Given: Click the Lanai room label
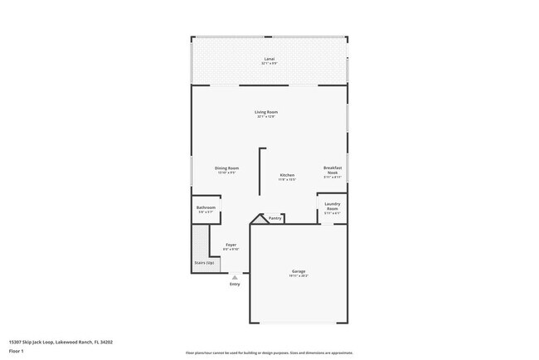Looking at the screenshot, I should [269, 59].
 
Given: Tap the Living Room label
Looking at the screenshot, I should [266, 112].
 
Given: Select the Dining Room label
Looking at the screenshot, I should [227, 168].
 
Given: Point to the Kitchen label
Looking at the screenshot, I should [287, 175].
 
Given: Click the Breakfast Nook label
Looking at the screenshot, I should [333, 170].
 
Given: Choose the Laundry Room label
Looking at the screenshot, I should [332, 205].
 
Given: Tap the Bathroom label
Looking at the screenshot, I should [206, 207].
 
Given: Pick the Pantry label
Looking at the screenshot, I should [274, 218].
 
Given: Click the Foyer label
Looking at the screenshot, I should [231, 245].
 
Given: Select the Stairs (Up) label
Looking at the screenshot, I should [204, 263].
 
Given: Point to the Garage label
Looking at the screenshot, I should [299, 271].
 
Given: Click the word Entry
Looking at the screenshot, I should [235, 285].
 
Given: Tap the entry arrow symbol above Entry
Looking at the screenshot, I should [235, 278].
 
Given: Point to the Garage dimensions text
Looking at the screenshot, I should [299, 276].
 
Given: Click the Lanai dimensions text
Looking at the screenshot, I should [269, 64].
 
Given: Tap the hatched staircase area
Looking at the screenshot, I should [199, 249].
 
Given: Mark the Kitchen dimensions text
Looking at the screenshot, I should [287, 180].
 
